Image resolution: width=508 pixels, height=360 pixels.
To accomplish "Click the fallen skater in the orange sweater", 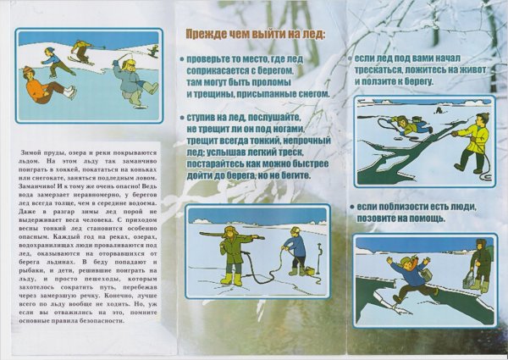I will click(41, 86).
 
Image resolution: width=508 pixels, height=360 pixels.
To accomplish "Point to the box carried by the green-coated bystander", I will click(468, 280).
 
